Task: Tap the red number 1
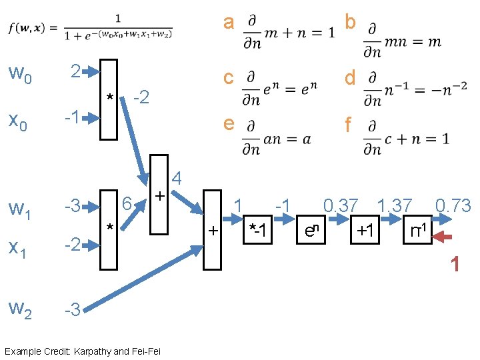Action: [455, 265]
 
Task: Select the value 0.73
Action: [453, 206]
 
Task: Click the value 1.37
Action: [395, 206]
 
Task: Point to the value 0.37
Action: [341, 206]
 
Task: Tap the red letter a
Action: [229, 23]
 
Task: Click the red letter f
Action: [348, 125]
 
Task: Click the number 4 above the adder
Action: [177, 178]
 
